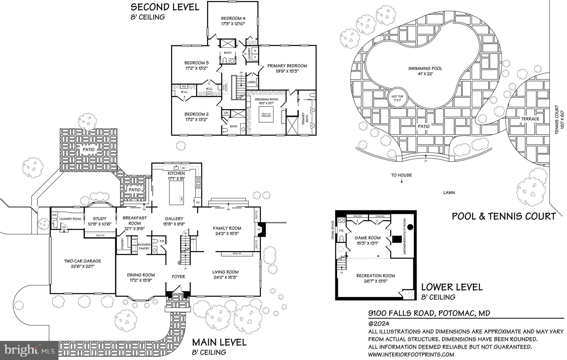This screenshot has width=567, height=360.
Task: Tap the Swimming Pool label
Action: (425, 68)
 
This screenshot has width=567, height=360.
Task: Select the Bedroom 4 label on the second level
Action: (233, 19)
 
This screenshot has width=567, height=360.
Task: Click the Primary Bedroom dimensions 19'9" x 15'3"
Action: (287, 71)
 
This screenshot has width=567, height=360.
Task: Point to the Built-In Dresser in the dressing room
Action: (266, 115)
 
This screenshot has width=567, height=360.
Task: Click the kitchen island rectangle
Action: (176, 192)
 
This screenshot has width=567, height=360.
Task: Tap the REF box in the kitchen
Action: (197, 203)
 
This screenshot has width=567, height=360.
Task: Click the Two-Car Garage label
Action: (83, 261)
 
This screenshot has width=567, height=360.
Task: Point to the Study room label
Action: (100, 219)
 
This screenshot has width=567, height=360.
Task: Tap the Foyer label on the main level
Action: (178, 277)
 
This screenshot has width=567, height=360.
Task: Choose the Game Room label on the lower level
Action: (368, 238)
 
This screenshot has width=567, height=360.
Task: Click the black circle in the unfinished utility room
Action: (410, 227)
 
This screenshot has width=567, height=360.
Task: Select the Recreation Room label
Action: (375, 276)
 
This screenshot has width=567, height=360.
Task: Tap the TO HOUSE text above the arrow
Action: (401, 175)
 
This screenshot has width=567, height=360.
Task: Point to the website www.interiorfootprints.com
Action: (411, 354)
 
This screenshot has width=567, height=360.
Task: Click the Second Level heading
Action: (165, 7)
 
